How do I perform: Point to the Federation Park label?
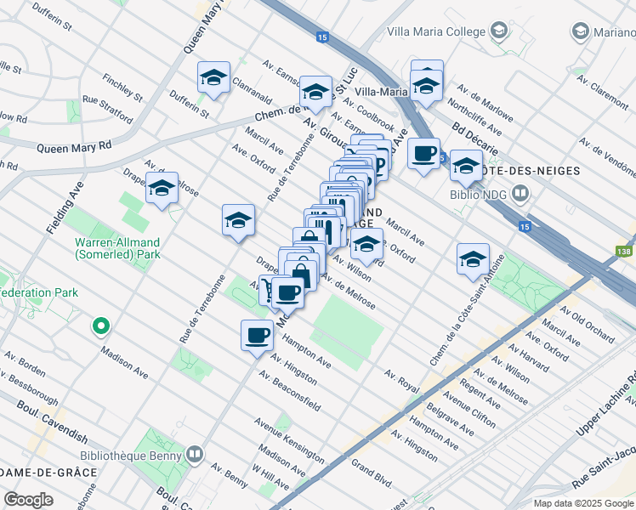pos(38,292)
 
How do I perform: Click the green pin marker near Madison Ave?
pos(100,326)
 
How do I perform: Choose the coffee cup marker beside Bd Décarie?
pos(423,154)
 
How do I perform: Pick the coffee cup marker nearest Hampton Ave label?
pos(257,335)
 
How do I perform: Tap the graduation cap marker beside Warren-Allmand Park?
pos(161,188)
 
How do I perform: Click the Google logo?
pos(29,499)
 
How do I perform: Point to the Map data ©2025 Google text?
pos(583,503)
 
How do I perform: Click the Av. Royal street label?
pos(401,380)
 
